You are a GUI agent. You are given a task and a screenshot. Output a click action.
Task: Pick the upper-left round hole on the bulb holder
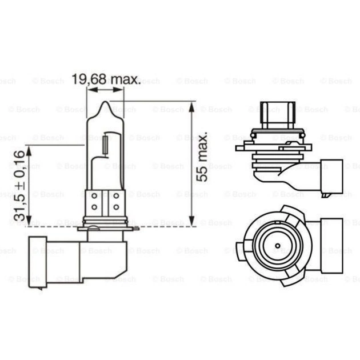(94, 196)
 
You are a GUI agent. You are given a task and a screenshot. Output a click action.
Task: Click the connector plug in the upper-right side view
(328, 177)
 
